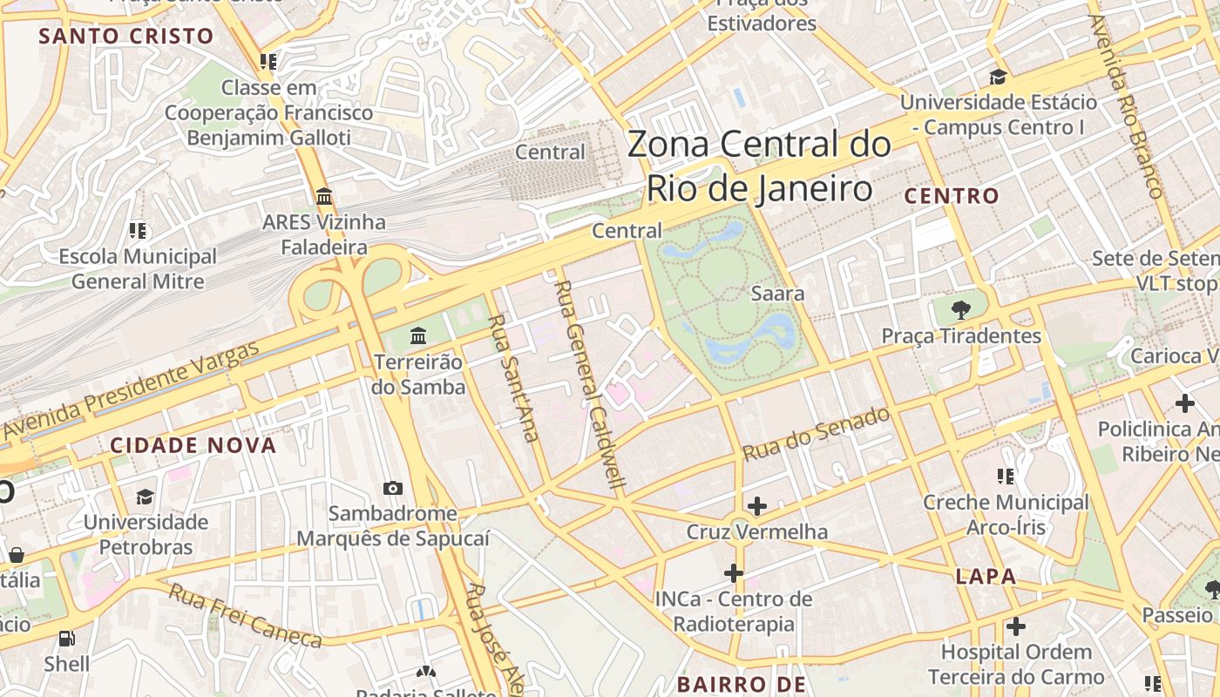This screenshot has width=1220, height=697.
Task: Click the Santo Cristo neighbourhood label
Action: point(126,36)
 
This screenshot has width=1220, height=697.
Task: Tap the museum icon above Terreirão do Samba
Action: point(418,335)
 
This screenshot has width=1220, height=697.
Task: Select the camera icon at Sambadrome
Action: point(393,489)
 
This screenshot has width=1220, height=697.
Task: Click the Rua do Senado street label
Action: point(816,435)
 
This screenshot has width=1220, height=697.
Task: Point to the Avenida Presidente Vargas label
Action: point(132,391)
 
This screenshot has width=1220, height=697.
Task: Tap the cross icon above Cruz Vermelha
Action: point(756,505)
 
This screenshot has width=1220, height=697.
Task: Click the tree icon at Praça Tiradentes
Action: point(961,309)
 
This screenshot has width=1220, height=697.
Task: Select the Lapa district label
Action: point(986,576)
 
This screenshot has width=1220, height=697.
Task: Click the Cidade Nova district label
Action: point(193,445)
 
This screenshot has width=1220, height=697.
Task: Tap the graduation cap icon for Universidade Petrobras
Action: point(145,497)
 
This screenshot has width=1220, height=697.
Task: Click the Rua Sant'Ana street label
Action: point(513,377)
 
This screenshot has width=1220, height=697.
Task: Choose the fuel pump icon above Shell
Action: point(67,639)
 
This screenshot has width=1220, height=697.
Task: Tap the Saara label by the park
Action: point(777,294)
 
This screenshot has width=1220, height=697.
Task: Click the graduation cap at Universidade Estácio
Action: point(998,77)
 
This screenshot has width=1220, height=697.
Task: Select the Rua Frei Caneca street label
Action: point(245,616)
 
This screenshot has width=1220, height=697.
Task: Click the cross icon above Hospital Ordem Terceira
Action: point(1015,626)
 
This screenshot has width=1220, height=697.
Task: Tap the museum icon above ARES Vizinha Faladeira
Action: point(324,196)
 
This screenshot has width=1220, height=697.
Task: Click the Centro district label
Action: point(951,196)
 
